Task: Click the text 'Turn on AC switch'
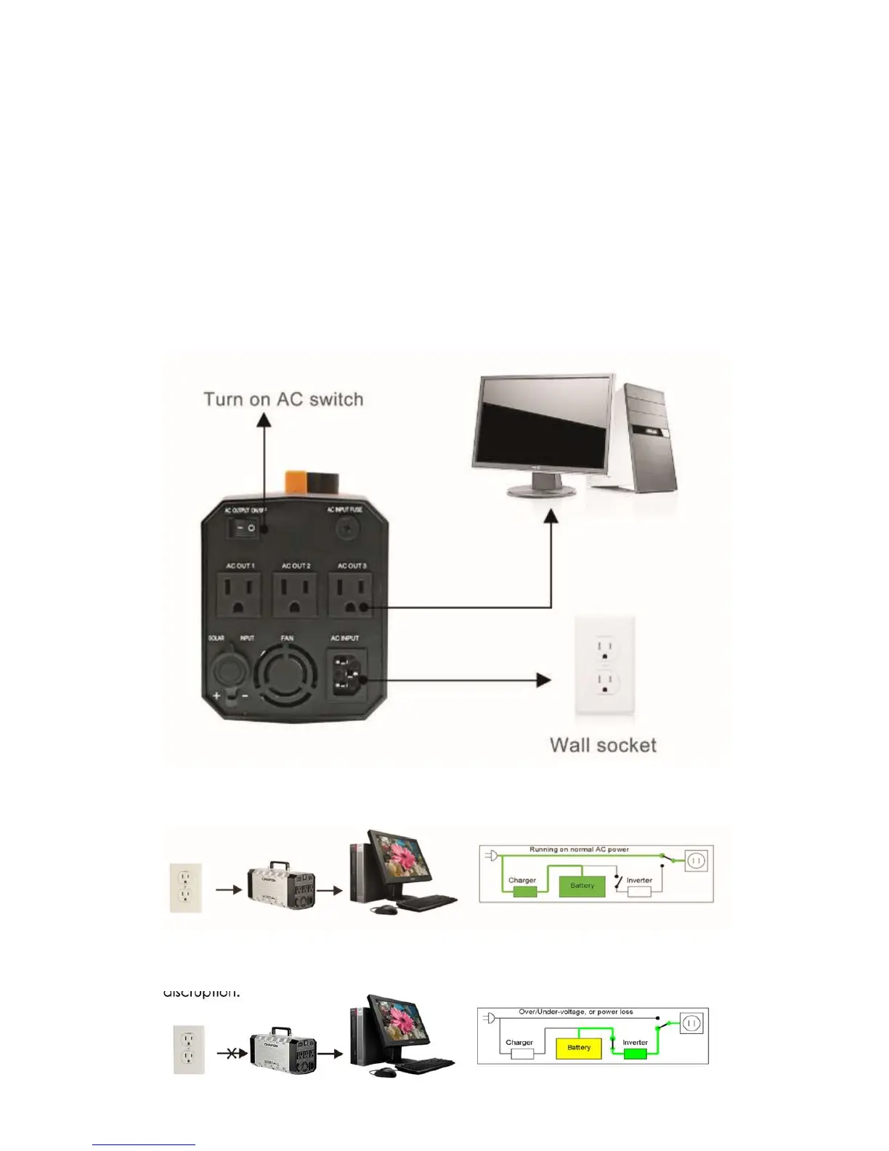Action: coord(283,400)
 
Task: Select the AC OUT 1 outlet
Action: coord(239,594)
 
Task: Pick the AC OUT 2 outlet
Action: coord(295,594)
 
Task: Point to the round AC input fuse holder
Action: coord(346,530)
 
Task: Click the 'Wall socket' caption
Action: coord(603,746)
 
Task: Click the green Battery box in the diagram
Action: coord(582,886)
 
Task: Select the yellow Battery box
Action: coord(578,1048)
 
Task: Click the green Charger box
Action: coord(524,892)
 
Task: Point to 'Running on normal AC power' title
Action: coord(579,849)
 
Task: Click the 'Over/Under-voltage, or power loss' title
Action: coord(575,1011)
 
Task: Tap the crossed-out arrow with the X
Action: coord(232,1054)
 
